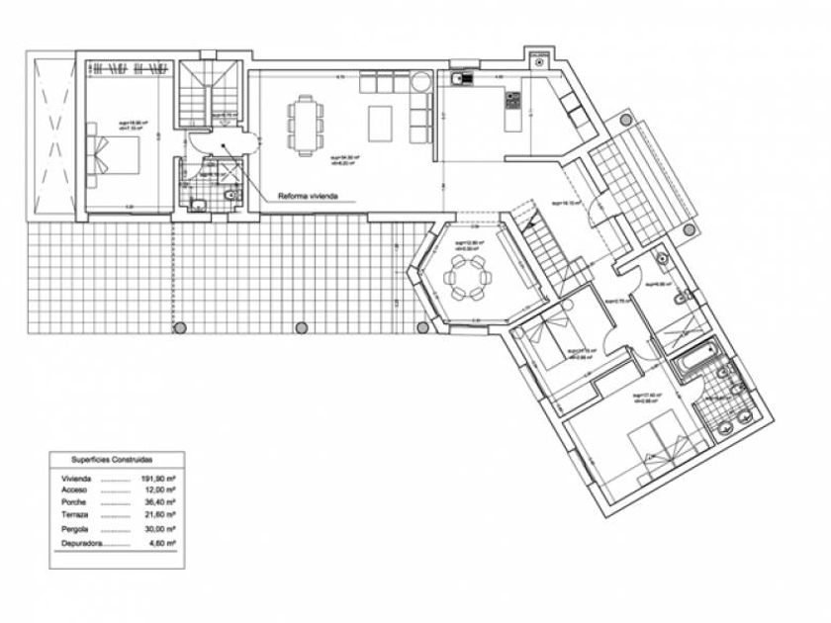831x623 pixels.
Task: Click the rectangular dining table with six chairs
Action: point(306,124)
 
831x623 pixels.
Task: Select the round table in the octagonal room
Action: point(464,277)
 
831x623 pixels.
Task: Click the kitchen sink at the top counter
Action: point(459,77)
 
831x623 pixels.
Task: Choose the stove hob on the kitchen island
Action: point(513,101)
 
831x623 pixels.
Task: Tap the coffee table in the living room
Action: point(381,124)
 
